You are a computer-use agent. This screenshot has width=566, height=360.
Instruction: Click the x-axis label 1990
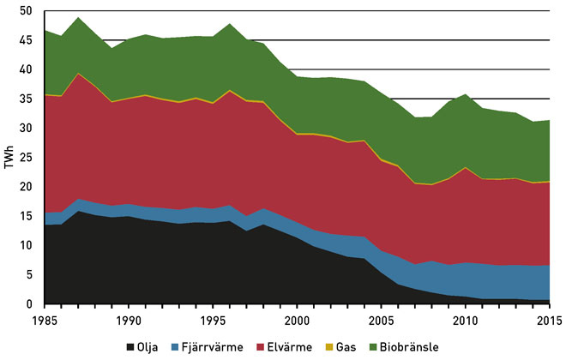pos(127,320)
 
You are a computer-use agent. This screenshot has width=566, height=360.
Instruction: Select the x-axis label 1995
pos(211,320)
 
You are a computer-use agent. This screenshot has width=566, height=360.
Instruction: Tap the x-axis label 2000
pos(296,320)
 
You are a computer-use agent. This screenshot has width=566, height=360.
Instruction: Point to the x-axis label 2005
pos(380,320)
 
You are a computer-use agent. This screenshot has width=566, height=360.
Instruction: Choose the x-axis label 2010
pos(465,320)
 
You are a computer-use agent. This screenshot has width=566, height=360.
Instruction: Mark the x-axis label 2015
pos(548,320)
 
